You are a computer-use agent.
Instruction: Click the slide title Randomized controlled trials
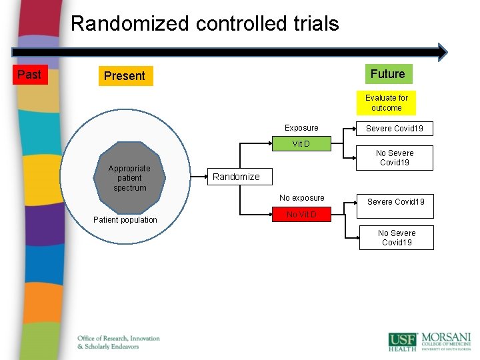pos(205,24)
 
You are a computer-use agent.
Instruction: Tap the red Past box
pos(29,75)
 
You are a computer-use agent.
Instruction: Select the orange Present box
pos(124,76)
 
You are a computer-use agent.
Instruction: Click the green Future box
pos(387,74)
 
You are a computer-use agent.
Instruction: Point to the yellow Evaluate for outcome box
pos(386,103)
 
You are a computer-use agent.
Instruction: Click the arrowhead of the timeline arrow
pos(441,52)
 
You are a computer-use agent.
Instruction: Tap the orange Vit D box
pos(301,144)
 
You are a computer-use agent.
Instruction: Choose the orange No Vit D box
pos(301,215)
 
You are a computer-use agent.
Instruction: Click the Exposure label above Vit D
pos(301,128)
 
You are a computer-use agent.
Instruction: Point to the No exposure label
pos(302,198)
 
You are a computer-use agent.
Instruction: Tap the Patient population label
pos(125,220)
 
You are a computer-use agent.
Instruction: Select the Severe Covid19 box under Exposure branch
pos(395,128)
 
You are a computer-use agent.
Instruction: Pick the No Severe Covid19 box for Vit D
pos(396,158)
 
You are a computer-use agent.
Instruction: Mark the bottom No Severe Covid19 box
pos(396,238)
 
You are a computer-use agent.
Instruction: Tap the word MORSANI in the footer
pos(445,337)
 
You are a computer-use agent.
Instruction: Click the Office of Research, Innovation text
pos(119,339)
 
